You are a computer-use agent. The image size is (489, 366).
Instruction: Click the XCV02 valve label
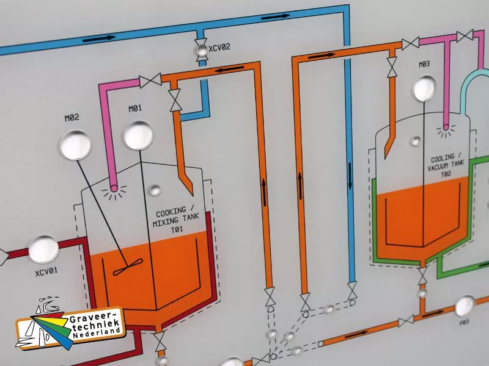point(219,47)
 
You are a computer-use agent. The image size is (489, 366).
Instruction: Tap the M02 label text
point(72,118)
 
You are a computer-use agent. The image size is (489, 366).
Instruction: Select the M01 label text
point(135,109)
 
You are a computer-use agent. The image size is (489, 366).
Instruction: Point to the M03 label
point(425,64)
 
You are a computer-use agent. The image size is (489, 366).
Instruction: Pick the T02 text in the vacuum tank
point(446,173)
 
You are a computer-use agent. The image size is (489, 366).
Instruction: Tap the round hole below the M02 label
point(74,145)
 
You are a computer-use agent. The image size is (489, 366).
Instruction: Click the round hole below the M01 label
point(138,135)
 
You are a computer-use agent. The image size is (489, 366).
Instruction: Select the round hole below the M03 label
point(425,88)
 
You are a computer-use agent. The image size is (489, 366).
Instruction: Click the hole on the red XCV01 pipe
point(44,249)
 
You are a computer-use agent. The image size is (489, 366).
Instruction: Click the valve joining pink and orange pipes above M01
point(150,80)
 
